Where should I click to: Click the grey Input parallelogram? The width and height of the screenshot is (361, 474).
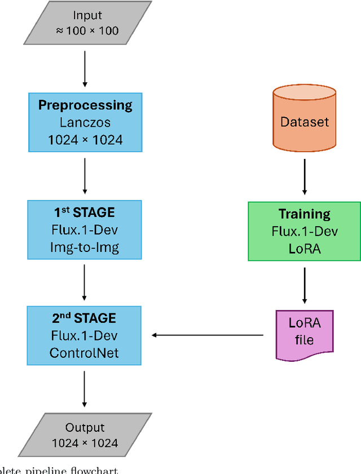(87, 23)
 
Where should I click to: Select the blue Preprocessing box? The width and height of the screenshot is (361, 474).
(85, 122)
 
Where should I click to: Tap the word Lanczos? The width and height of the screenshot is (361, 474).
(85, 122)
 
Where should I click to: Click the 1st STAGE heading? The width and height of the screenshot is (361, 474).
(85, 212)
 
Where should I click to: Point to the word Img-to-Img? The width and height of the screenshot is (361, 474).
(85, 247)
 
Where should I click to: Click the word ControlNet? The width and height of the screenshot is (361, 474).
(85, 353)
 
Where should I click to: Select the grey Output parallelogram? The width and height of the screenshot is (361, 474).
(85, 435)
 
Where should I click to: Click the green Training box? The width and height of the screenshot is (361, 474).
(305, 231)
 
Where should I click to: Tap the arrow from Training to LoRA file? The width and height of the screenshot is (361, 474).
(305, 285)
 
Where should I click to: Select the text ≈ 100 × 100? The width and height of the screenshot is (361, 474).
(87, 30)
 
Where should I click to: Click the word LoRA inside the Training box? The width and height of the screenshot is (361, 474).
(305, 248)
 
